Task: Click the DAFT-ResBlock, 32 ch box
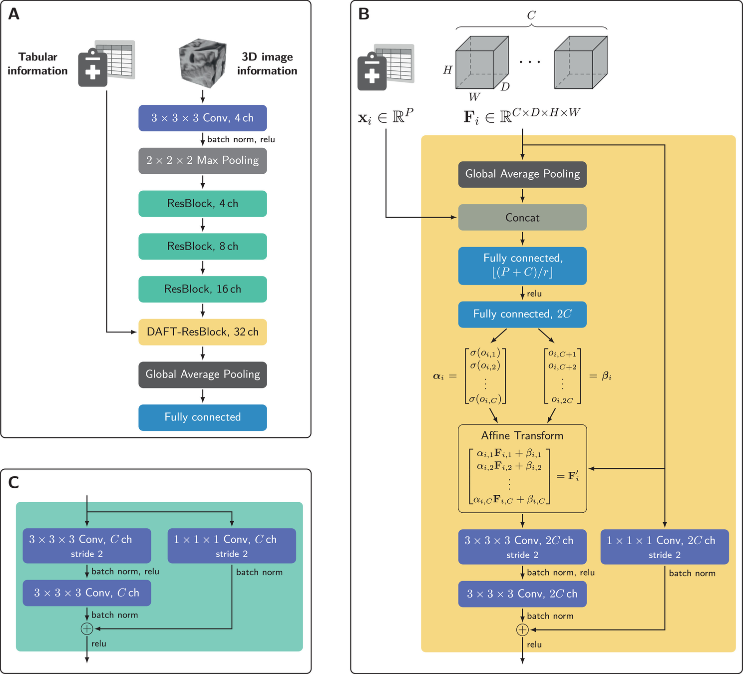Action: [x=202, y=332]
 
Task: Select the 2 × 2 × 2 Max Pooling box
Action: [x=202, y=161]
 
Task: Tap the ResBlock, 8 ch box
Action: [x=202, y=246]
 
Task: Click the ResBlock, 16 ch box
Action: [x=202, y=289]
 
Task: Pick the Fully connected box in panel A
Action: [x=202, y=417]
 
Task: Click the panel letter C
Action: [x=14, y=482]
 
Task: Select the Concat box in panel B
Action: [x=522, y=218]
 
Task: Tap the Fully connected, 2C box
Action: [x=522, y=315]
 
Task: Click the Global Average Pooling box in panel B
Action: [x=522, y=174]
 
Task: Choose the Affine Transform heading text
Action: [x=522, y=436]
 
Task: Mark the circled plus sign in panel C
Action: [x=87, y=629]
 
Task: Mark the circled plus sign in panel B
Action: [x=522, y=630]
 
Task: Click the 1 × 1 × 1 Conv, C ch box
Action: [x=232, y=546]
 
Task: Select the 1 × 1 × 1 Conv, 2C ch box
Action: [x=665, y=547]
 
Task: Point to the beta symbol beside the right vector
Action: [x=607, y=376]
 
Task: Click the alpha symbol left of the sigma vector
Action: [x=438, y=376]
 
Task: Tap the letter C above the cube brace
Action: [x=531, y=15]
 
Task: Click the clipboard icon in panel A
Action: [x=93, y=67]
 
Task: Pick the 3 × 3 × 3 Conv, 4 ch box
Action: [x=202, y=118]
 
